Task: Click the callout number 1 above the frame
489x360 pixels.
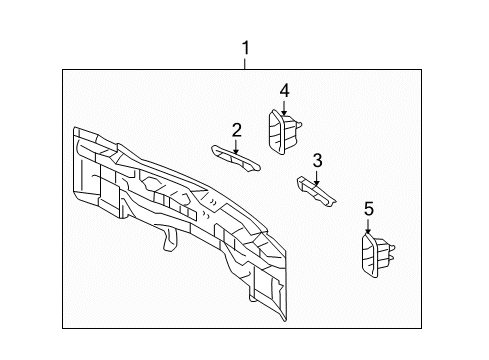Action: [244, 47]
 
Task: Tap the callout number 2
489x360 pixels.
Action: [236, 129]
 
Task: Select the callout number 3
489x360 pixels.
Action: [316, 160]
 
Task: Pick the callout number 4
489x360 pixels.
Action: [284, 91]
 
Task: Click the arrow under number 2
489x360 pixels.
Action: [236, 145]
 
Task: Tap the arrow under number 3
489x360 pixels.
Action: [316, 176]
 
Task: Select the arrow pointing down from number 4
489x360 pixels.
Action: [284, 108]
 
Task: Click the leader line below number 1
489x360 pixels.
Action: [244, 62]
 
